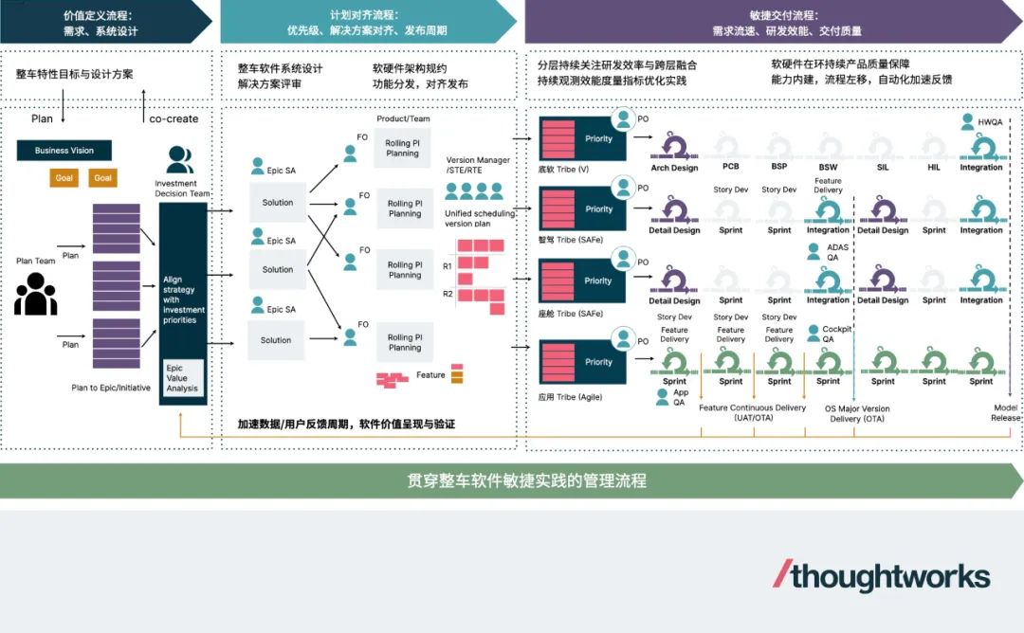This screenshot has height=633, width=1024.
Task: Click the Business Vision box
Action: point(64,151)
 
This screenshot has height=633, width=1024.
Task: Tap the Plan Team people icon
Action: point(36,294)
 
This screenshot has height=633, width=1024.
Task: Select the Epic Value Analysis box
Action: point(182,377)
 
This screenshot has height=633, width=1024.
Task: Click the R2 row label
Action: point(448,294)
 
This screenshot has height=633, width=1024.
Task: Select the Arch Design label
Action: point(674,168)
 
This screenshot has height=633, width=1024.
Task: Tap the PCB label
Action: point(730,167)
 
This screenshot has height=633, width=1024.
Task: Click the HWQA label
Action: point(990,121)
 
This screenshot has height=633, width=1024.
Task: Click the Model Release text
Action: point(1006,412)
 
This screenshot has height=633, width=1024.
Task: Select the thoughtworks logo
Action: point(882,575)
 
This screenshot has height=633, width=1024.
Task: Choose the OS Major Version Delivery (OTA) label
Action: point(857,413)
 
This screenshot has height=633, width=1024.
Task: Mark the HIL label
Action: point(934,167)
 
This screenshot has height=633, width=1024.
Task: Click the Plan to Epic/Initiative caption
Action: point(111,388)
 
